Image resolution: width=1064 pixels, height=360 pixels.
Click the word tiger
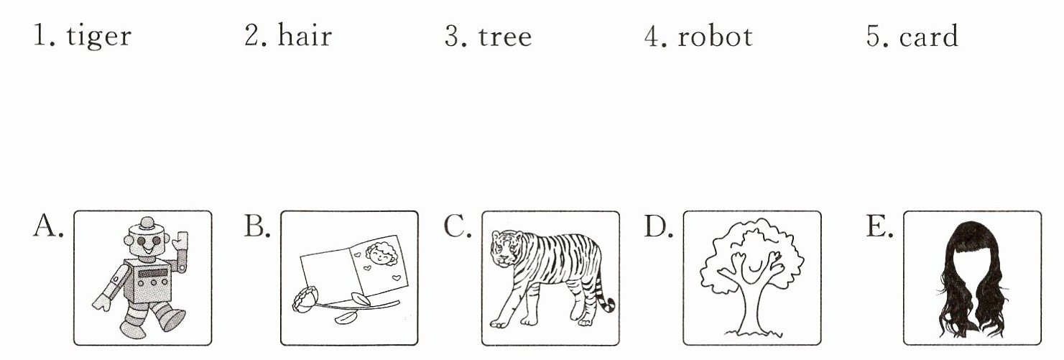tap(98, 37)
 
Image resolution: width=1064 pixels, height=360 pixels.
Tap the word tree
tap(505, 37)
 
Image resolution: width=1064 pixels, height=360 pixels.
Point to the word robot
tap(715, 36)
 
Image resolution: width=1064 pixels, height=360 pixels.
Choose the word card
tap(929, 36)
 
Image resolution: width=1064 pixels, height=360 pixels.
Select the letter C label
tap(457, 226)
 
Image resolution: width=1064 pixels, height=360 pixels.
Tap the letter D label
tap(658, 226)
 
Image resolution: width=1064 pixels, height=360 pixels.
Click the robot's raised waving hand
tap(180, 242)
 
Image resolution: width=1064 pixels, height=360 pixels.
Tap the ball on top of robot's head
tap(147, 221)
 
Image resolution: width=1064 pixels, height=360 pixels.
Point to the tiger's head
tap(505, 247)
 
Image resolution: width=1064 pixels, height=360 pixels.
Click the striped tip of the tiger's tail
tap(608, 304)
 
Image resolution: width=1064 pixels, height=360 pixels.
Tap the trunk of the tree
tap(751, 304)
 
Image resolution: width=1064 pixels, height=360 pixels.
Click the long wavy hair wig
tap(972, 280)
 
